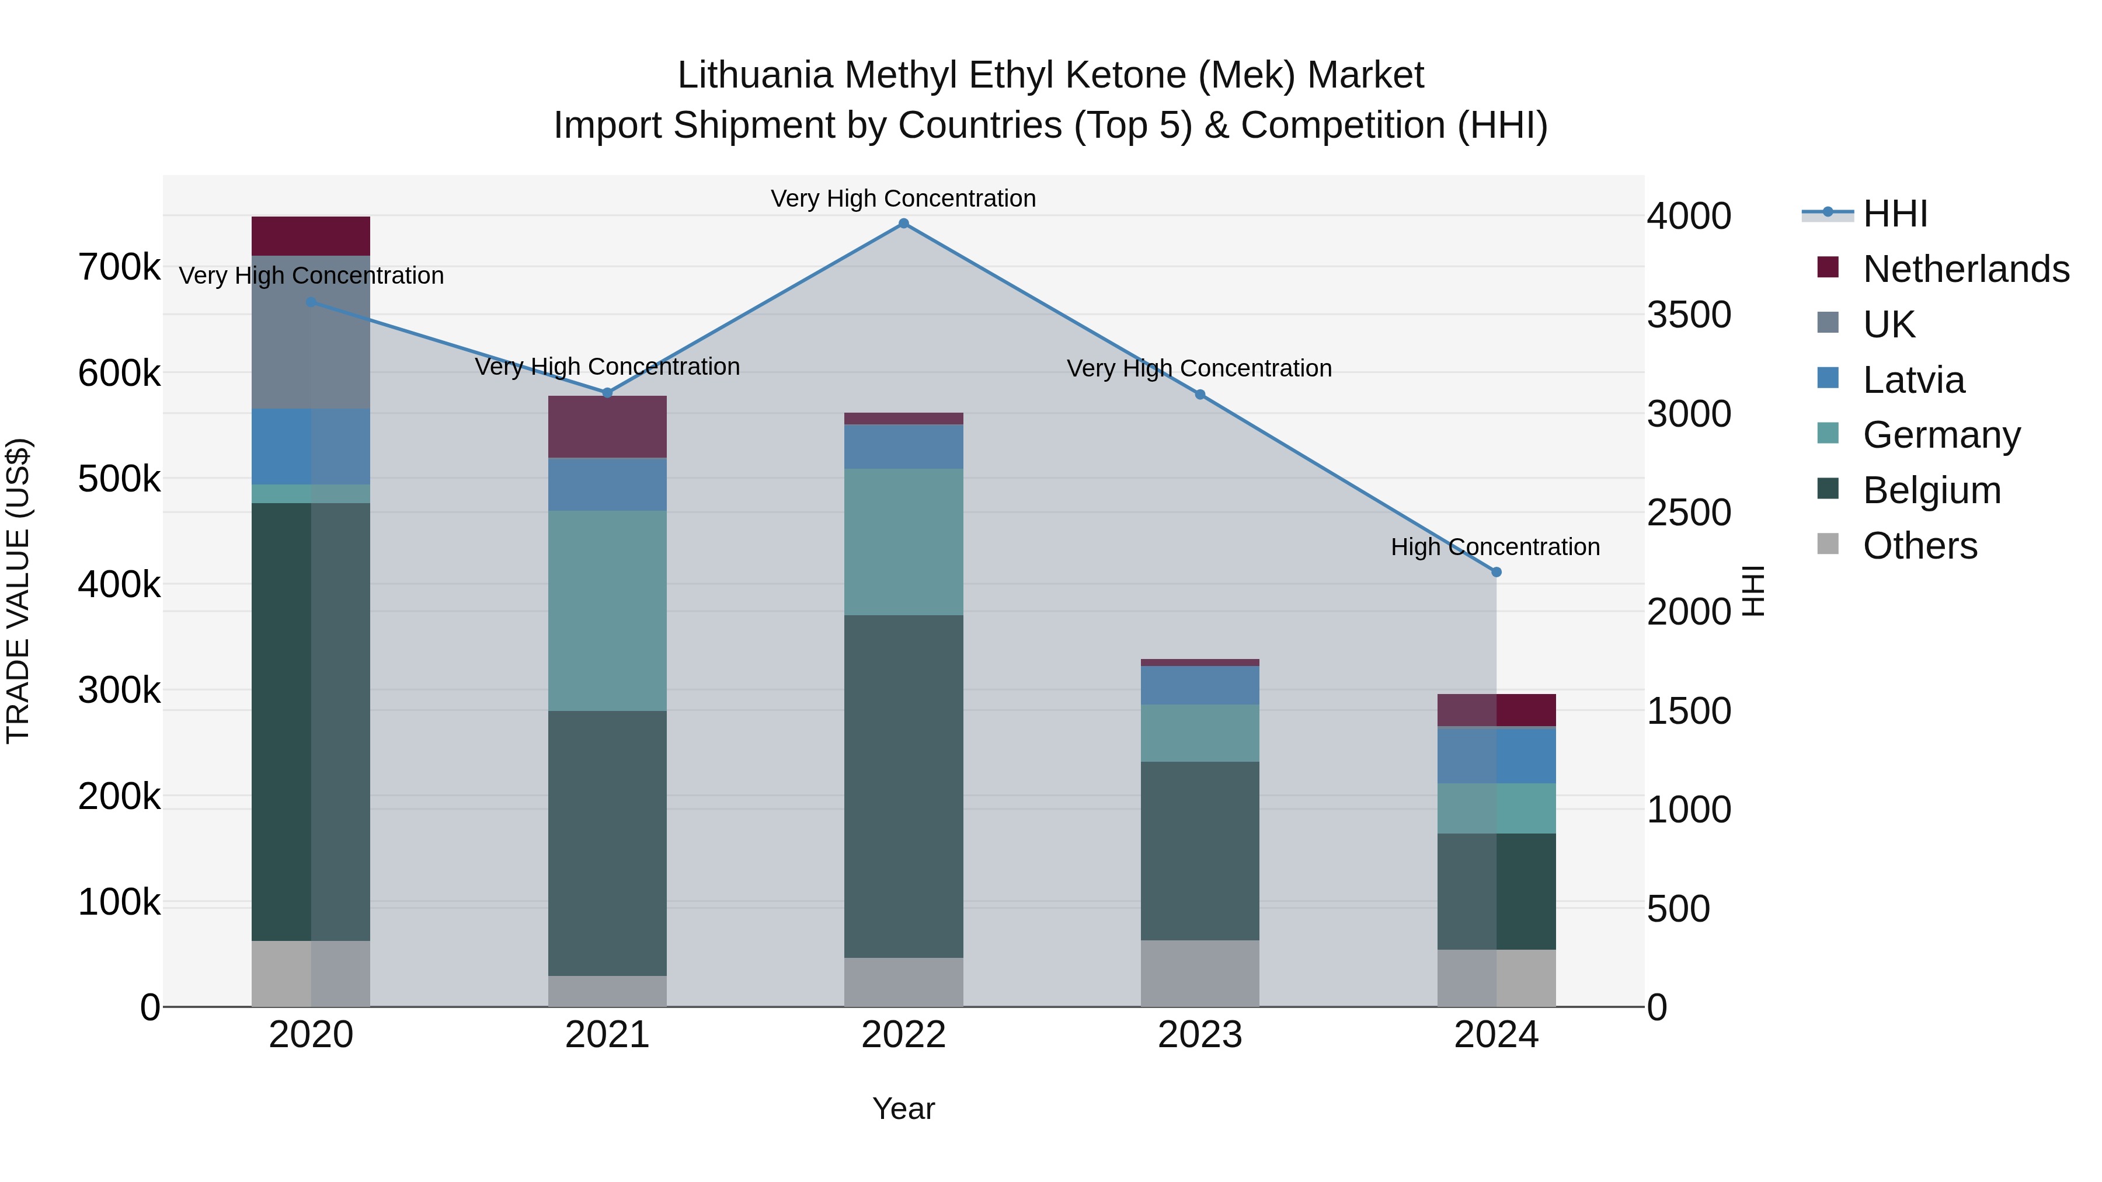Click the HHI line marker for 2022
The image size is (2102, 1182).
coord(903,224)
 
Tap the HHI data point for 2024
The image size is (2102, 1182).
coord(1496,572)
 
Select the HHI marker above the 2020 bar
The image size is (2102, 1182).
coord(311,302)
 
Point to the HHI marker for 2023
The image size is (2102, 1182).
coord(1199,395)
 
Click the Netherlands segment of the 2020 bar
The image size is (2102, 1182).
coord(311,236)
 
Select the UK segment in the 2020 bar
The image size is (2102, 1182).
coord(311,332)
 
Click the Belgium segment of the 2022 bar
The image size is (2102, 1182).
coord(903,786)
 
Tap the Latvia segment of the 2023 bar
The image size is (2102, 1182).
coord(1199,685)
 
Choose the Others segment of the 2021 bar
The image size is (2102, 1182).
coord(607,991)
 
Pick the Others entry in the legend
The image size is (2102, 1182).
coord(1919,546)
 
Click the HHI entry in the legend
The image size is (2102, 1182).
coord(1895,214)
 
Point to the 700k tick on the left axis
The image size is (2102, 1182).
coord(119,267)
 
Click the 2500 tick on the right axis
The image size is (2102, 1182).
coord(1688,513)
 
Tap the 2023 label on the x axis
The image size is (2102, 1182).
coord(1199,1035)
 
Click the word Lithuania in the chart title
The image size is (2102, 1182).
coord(755,75)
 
